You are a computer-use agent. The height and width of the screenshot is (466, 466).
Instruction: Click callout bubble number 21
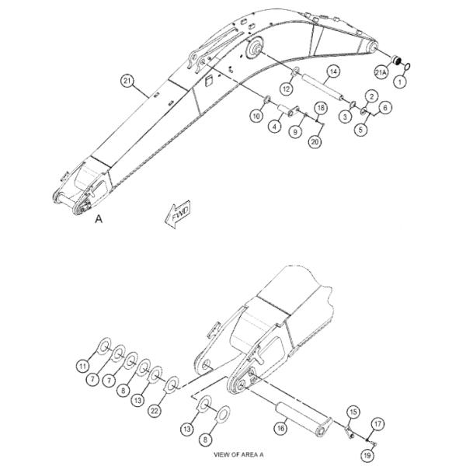click(127, 80)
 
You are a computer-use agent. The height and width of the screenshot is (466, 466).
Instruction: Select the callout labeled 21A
click(381, 72)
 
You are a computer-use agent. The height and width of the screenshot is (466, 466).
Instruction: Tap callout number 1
click(402, 80)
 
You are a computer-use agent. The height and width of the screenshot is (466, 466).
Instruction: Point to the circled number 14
click(332, 71)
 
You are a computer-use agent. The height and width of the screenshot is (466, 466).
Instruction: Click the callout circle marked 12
click(286, 90)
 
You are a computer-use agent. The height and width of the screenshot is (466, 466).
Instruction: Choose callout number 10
click(256, 116)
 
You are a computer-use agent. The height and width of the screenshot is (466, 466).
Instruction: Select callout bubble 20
click(315, 141)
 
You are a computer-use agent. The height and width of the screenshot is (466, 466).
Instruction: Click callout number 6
click(386, 108)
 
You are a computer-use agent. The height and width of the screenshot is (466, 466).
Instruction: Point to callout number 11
click(82, 366)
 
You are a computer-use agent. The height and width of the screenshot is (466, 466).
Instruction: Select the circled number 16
click(280, 426)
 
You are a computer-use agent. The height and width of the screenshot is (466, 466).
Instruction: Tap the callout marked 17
click(377, 423)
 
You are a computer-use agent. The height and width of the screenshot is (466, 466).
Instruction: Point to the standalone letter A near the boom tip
click(99, 220)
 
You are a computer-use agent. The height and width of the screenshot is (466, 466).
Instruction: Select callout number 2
click(372, 96)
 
